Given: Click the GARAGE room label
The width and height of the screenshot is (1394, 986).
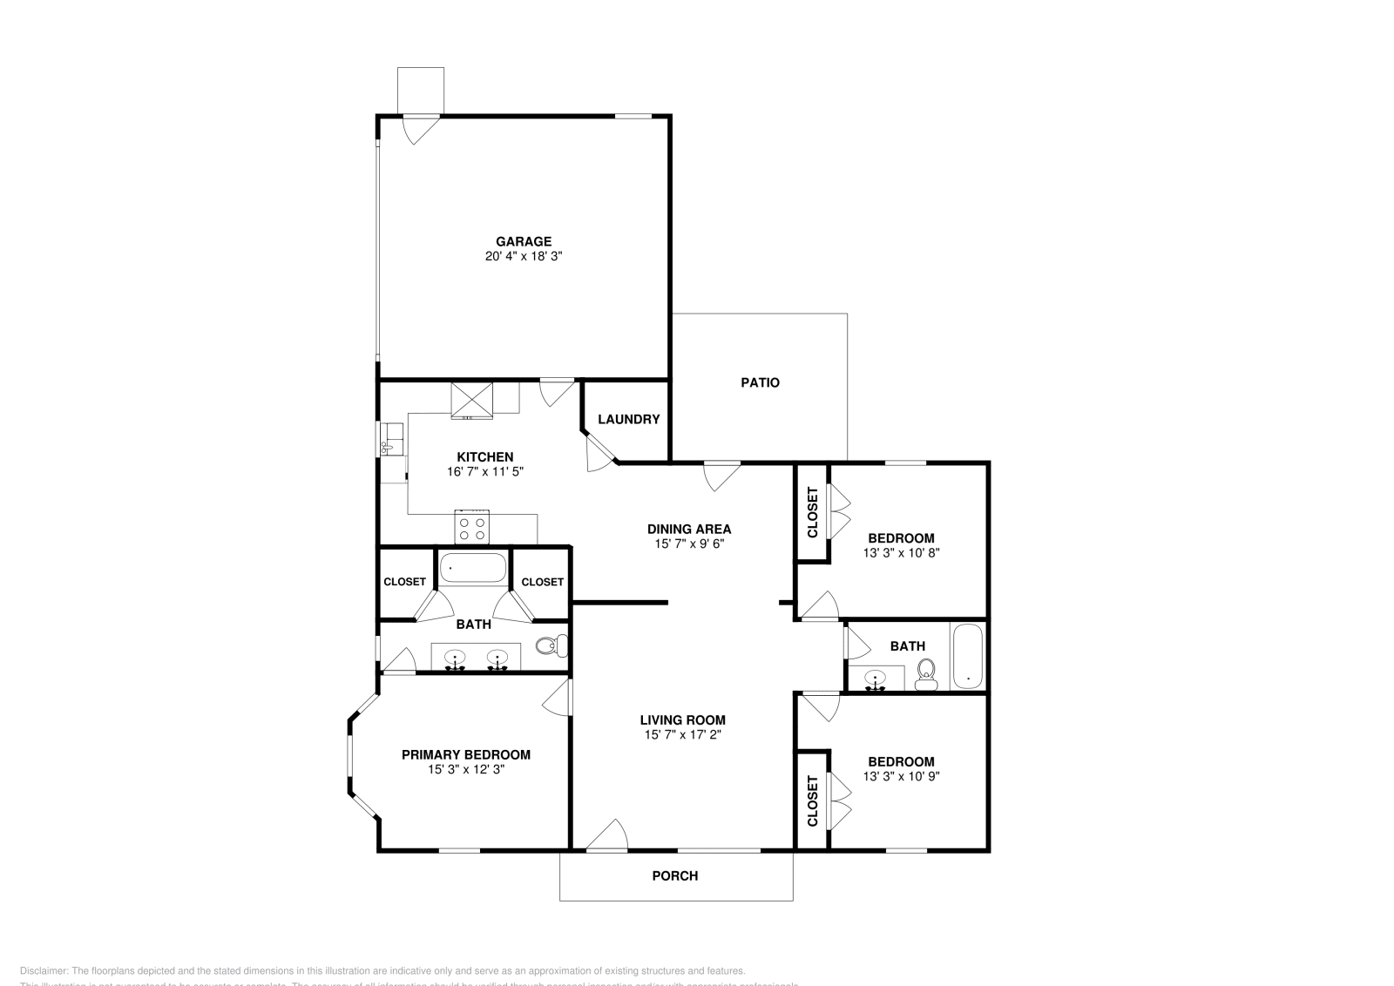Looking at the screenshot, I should pos(524,241).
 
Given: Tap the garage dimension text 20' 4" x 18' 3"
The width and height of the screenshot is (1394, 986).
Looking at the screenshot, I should pos(524,257).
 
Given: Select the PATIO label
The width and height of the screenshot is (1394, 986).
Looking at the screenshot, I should pos(760,382).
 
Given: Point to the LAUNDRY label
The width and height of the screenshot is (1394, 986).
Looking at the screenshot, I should pos(628,419).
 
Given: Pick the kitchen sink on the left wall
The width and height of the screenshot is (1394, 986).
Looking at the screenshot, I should pos(389,440).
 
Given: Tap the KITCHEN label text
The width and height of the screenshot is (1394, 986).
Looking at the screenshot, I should pos(485,456).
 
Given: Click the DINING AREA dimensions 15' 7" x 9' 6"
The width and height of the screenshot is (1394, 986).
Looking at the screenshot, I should pos(689,544).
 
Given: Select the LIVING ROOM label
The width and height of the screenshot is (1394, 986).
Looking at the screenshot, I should pos(682,719).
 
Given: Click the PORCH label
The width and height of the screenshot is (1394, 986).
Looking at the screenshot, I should pos(675,875).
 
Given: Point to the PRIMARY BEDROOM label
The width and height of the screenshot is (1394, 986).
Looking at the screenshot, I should pos(466,754).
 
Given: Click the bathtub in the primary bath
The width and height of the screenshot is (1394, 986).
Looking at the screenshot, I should pos(472,569).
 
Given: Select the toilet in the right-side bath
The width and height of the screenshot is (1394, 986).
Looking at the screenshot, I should pos(926,672).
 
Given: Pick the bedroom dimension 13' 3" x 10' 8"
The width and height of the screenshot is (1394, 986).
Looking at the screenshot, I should pos(901,552).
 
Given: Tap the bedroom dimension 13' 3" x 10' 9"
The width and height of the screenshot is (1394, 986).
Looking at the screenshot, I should pos(901,776).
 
